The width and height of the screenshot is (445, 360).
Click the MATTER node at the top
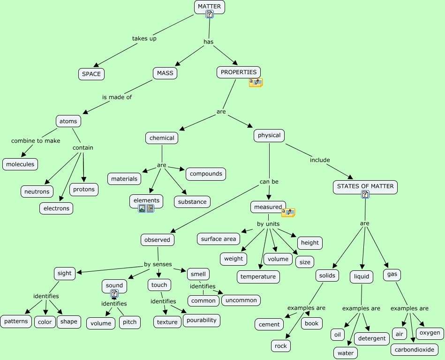[x=209, y=6]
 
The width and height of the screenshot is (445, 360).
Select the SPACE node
[x=91, y=74]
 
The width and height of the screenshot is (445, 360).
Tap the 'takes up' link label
[x=144, y=38]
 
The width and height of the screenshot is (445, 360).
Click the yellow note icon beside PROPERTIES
[x=256, y=83]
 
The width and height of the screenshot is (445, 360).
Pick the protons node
[x=84, y=189]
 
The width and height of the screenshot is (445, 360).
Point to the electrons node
[x=56, y=208]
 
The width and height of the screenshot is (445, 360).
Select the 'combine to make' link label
[x=36, y=141]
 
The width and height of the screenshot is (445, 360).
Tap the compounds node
[x=206, y=174]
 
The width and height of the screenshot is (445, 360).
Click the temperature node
[x=258, y=276]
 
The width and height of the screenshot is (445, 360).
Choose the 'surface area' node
[x=218, y=239]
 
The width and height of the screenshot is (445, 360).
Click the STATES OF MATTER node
[x=366, y=186]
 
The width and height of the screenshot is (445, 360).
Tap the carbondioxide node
[x=414, y=350]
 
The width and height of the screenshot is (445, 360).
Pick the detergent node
[x=372, y=338]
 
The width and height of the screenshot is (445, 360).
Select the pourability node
[x=202, y=320]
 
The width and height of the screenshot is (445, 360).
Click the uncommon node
[x=241, y=300]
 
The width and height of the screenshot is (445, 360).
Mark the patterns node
[x=16, y=322]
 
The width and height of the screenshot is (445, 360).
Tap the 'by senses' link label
[x=158, y=264]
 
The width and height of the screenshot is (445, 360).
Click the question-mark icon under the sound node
[x=114, y=294]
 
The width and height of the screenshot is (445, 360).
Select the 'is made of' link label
[x=117, y=97]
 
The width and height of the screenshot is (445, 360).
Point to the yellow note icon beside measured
[x=288, y=213]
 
